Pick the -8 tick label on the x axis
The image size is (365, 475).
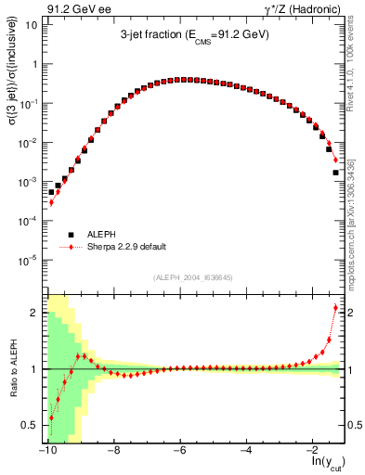tap(113, 450)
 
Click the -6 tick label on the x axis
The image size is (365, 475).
tap(180, 450)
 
